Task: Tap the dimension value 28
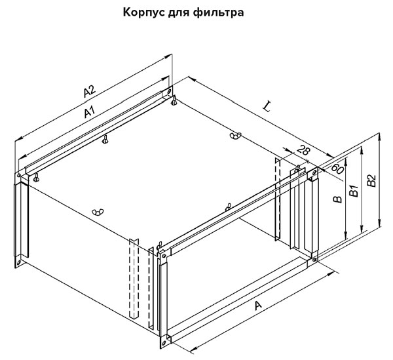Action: point(303,151)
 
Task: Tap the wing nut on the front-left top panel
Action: point(99,211)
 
